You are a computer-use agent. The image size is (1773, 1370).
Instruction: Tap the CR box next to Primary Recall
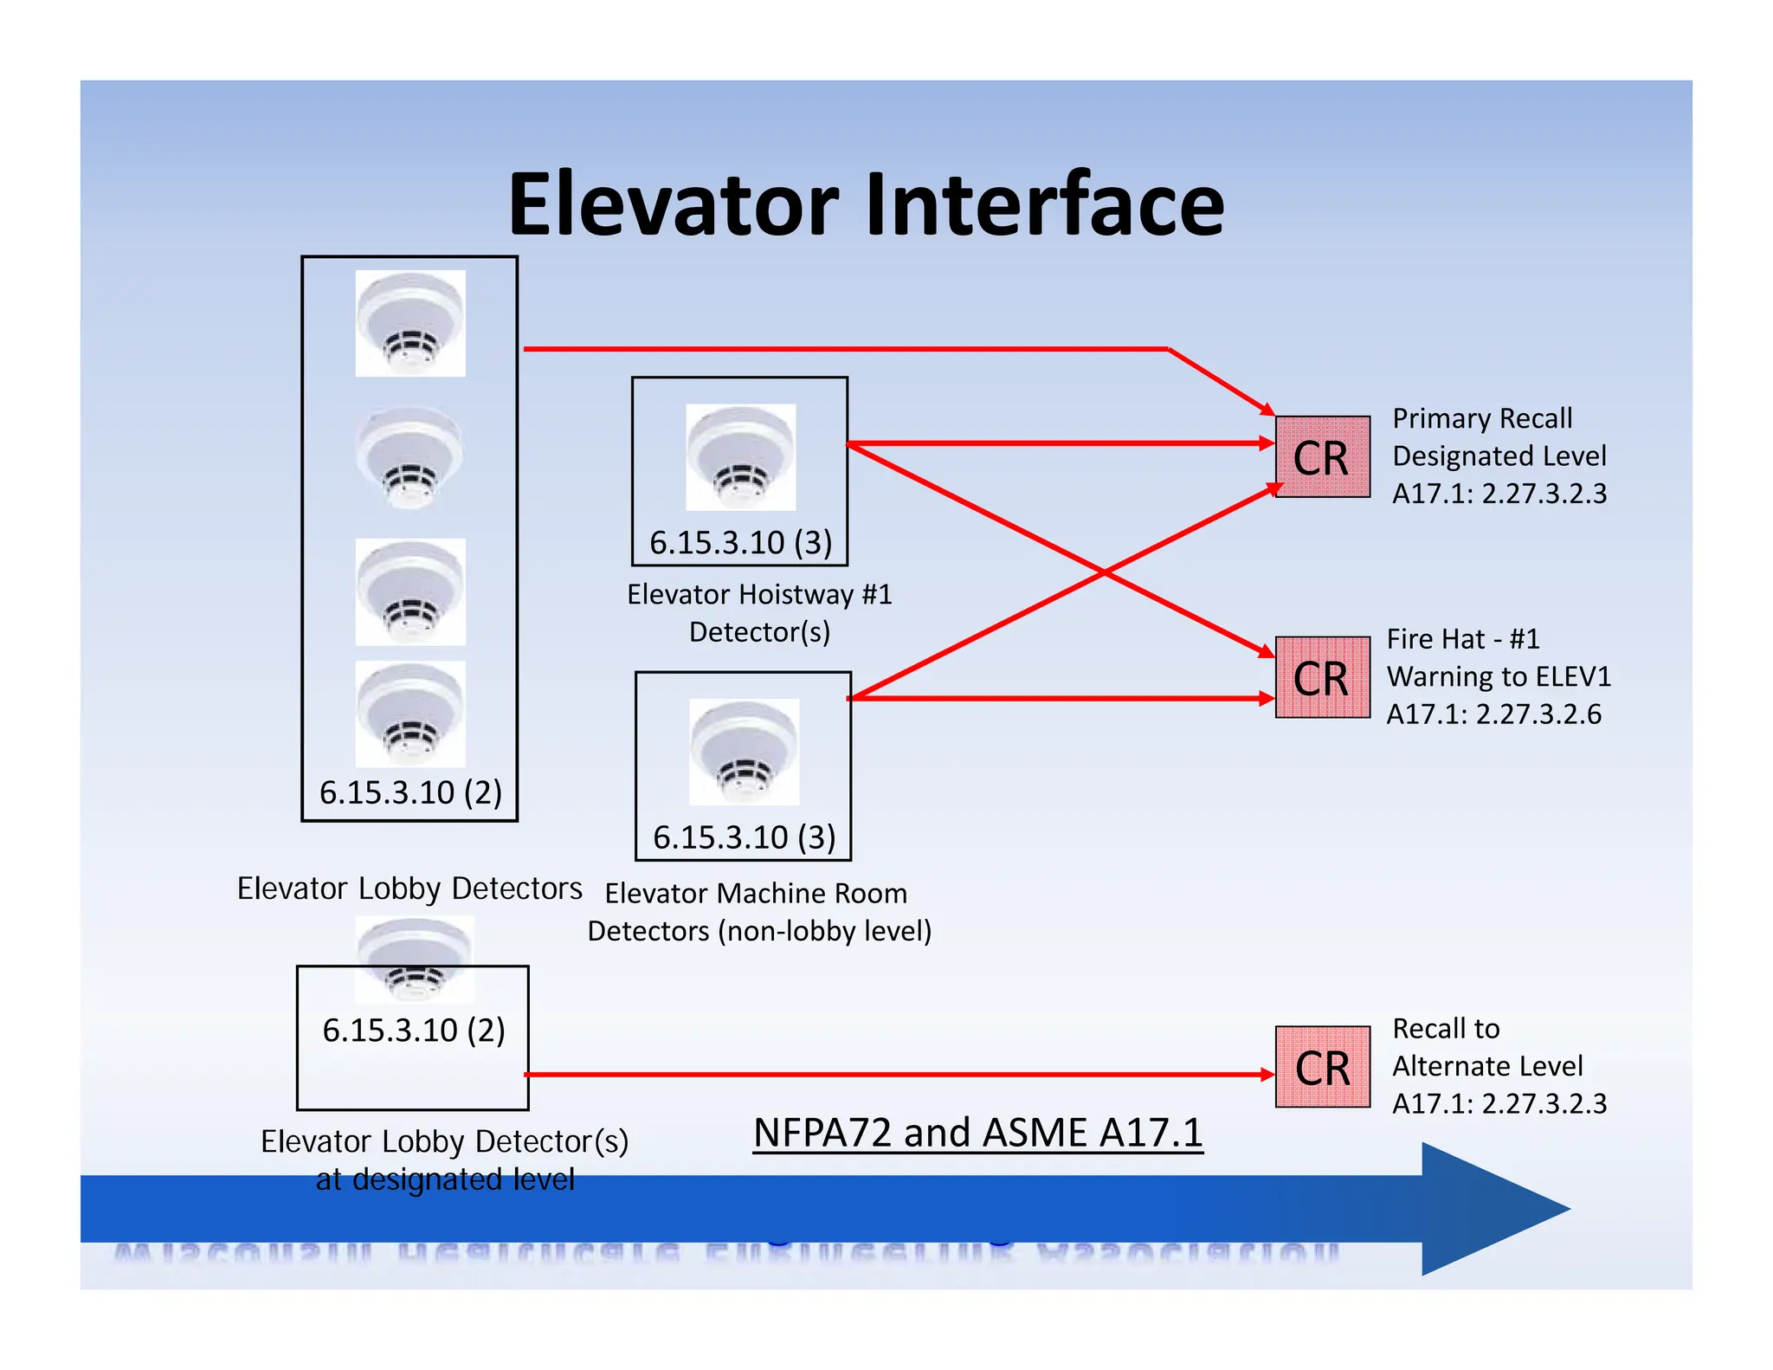point(1322,457)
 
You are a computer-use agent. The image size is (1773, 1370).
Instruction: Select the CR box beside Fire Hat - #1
point(1322,678)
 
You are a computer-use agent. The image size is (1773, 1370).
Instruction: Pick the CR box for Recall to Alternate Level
point(1322,1067)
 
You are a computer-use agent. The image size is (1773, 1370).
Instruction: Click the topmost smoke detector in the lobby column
point(410,323)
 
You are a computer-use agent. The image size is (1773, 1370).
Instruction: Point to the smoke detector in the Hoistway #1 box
point(740,456)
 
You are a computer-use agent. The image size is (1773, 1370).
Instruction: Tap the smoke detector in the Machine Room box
point(744,752)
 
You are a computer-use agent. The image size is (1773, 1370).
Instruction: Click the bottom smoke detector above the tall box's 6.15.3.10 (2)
point(410,714)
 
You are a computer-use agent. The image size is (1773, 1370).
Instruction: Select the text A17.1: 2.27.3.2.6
point(1493,714)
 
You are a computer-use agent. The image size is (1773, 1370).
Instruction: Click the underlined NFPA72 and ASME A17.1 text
point(977,1133)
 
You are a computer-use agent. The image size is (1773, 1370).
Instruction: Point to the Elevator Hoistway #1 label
point(759,595)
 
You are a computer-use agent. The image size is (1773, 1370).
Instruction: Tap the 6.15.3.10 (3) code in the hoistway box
point(741,543)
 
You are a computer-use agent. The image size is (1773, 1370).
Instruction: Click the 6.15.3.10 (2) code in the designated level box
point(414,1031)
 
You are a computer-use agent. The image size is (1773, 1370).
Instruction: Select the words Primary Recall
point(1482,418)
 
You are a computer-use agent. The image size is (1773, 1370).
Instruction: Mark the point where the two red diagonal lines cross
point(1104,572)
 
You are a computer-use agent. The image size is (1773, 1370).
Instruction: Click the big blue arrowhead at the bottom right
point(1489,1208)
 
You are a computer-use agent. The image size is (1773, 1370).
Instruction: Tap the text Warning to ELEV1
point(1499,676)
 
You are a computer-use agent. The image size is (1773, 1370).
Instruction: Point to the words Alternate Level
point(1487,1066)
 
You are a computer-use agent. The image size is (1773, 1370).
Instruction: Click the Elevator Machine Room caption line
point(756,893)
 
